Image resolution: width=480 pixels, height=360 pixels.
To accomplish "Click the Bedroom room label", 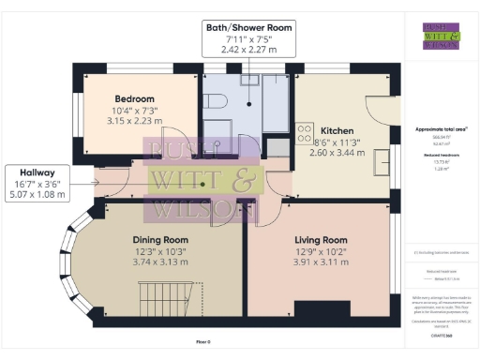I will tap(135, 98).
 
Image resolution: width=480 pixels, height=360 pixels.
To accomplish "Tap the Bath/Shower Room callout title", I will tap(248, 28).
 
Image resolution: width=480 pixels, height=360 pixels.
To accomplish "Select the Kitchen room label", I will tap(336, 130).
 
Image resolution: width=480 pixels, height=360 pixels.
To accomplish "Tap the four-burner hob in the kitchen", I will tap(305, 133).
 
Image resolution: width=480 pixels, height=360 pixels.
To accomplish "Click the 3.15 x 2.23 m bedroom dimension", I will tap(135, 121).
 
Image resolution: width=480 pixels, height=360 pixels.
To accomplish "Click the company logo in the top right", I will tap(441, 36).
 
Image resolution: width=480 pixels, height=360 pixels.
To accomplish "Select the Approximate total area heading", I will tap(441, 128).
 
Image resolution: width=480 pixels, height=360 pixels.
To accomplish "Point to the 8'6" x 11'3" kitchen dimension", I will tap(336, 142).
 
